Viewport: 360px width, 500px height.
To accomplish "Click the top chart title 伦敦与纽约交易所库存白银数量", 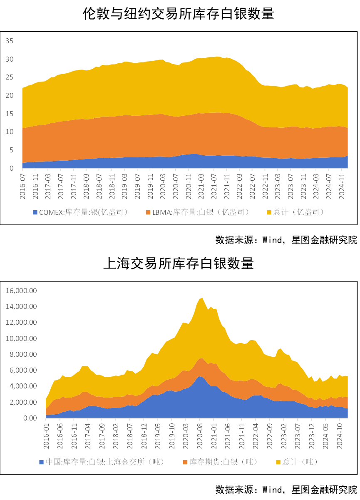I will [x=179, y=14].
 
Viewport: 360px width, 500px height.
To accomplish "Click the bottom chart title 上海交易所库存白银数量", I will [x=179, y=263].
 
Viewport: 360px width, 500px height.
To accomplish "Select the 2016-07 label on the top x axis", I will [x=23, y=184].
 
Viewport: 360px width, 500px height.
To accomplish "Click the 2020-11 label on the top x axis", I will [x=188, y=184].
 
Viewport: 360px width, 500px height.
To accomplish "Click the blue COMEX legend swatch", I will [x=35, y=213].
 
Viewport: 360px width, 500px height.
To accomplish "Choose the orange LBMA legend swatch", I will [x=149, y=213].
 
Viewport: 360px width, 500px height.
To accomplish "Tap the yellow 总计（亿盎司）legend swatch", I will [x=268, y=213].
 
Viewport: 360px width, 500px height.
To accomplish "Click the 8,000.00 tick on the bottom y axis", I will [x=24, y=354].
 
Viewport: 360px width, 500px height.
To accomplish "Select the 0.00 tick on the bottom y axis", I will [x=30, y=418].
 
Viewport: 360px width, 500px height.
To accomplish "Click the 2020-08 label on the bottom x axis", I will [x=200, y=435].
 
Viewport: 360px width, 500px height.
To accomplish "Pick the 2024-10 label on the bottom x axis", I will [x=340, y=435].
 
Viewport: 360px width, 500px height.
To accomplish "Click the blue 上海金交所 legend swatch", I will [x=41, y=462].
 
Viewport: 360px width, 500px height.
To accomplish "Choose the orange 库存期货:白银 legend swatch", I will [x=186, y=462].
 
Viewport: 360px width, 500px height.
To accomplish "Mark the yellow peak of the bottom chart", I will [x=202, y=298].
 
